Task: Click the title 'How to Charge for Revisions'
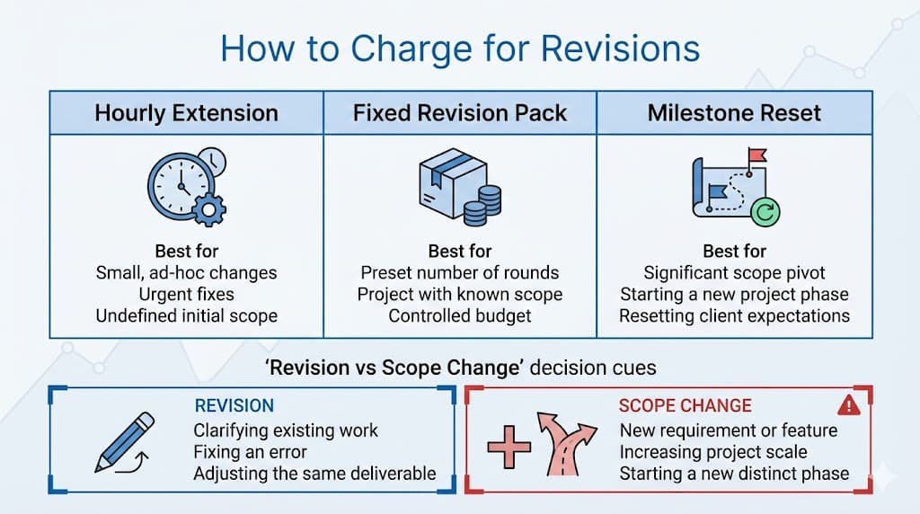[460, 48]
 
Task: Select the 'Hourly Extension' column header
[186, 113]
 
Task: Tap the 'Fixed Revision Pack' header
[460, 113]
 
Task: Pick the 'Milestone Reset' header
[734, 113]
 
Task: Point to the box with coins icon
[459, 190]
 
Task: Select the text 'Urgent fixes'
[186, 294]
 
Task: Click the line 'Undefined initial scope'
[186, 315]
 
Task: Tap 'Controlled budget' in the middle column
[460, 315]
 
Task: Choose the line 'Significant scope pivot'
[734, 272]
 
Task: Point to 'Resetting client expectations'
[734, 315]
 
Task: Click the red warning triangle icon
[848, 405]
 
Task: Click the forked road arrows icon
[570, 443]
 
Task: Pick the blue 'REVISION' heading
[234, 406]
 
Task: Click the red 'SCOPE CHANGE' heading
[686, 406]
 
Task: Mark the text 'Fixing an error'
[250, 451]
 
